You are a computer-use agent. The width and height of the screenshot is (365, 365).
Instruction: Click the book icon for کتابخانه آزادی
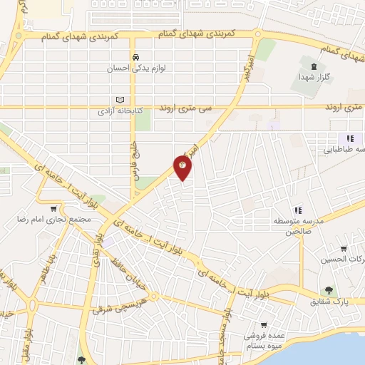click(x=120, y=101)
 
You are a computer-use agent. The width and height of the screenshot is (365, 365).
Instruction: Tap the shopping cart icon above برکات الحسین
click(x=344, y=248)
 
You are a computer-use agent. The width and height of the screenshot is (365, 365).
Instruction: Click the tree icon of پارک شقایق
click(x=329, y=290)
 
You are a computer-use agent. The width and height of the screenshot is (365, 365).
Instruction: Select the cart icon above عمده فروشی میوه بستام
click(x=264, y=324)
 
